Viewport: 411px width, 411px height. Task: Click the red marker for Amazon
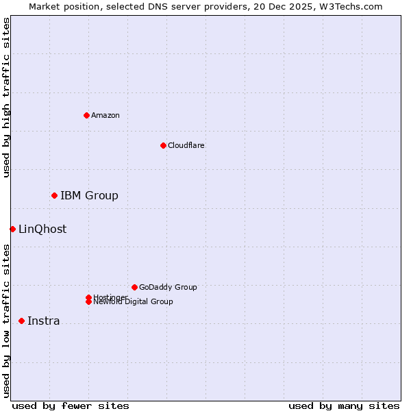click(x=86, y=115)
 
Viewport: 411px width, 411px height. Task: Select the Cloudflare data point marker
click(x=163, y=145)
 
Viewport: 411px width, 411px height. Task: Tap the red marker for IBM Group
click(x=54, y=196)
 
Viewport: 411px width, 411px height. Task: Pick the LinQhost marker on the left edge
click(x=12, y=229)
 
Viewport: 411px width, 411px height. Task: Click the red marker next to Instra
click(x=21, y=321)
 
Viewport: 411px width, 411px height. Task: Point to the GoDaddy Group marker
click(x=134, y=287)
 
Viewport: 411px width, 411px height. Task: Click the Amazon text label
click(x=105, y=115)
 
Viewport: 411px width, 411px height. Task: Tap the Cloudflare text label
click(x=186, y=145)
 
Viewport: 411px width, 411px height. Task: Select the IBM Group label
click(x=89, y=196)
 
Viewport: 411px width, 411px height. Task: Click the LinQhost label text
click(x=42, y=229)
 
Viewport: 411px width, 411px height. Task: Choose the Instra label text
click(x=43, y=321)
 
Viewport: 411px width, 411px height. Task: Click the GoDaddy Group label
click(x=168, y=287)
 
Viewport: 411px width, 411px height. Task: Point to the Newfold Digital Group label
click(x=133, y=302)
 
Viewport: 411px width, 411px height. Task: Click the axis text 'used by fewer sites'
click(x=71, y=406)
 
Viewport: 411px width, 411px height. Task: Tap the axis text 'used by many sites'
click(x=344, y=406)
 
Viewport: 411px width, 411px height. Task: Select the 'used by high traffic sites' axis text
click(x=6, y=97)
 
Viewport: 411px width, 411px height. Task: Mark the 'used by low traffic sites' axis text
click(x=6, y=321)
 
